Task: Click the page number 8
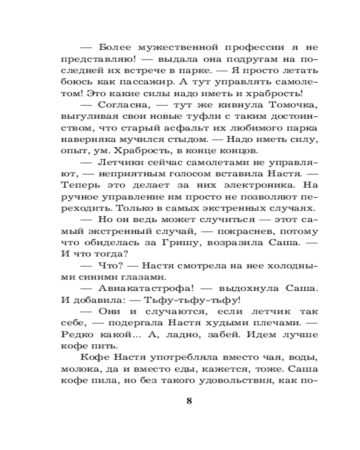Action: (189, 401)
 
